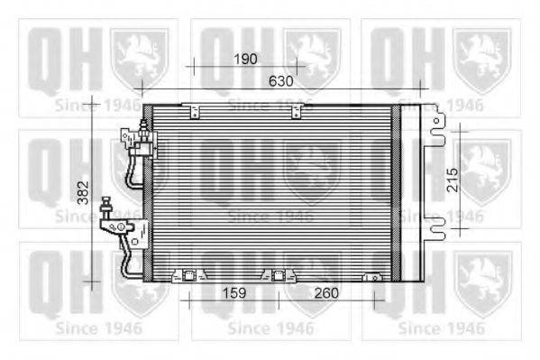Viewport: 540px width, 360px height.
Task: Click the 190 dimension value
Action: point(244,59)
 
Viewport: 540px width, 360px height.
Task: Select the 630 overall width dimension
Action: point(281,80)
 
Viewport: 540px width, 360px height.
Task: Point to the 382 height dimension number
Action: point(82,191)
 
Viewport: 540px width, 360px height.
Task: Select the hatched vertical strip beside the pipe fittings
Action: point(149,189)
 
